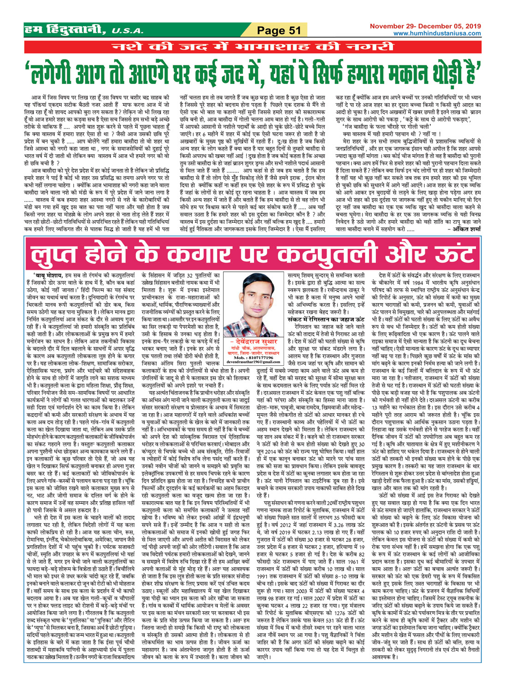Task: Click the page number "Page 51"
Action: coord(279,31)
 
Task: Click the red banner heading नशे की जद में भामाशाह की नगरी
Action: coord(252,47)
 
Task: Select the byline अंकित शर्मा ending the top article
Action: coord(466,229)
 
